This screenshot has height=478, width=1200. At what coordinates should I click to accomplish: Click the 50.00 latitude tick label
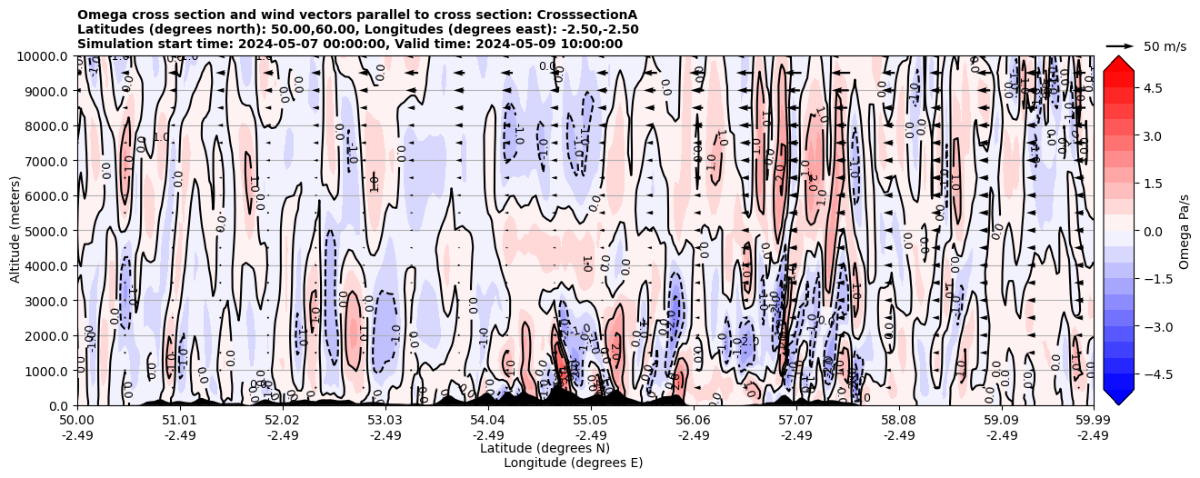click(x=76, y=421)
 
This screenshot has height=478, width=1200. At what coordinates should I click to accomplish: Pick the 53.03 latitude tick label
click(x=385, y=421)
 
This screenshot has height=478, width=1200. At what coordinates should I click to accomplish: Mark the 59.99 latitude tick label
click(x=1092, y=421)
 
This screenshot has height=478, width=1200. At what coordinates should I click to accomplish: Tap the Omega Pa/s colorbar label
click(x=1185, y=231)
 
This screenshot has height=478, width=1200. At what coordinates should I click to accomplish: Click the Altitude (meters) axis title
click(x=15, y=231)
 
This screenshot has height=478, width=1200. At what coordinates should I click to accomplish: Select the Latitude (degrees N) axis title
click(x=545, y=448)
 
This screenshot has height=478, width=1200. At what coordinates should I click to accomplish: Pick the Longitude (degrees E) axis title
click(x=573, y=463)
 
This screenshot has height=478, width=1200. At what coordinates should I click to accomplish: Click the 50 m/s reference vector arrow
click(x=1120, y=45)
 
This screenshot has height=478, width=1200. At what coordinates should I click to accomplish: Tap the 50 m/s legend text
click(x=1165, y=46)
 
